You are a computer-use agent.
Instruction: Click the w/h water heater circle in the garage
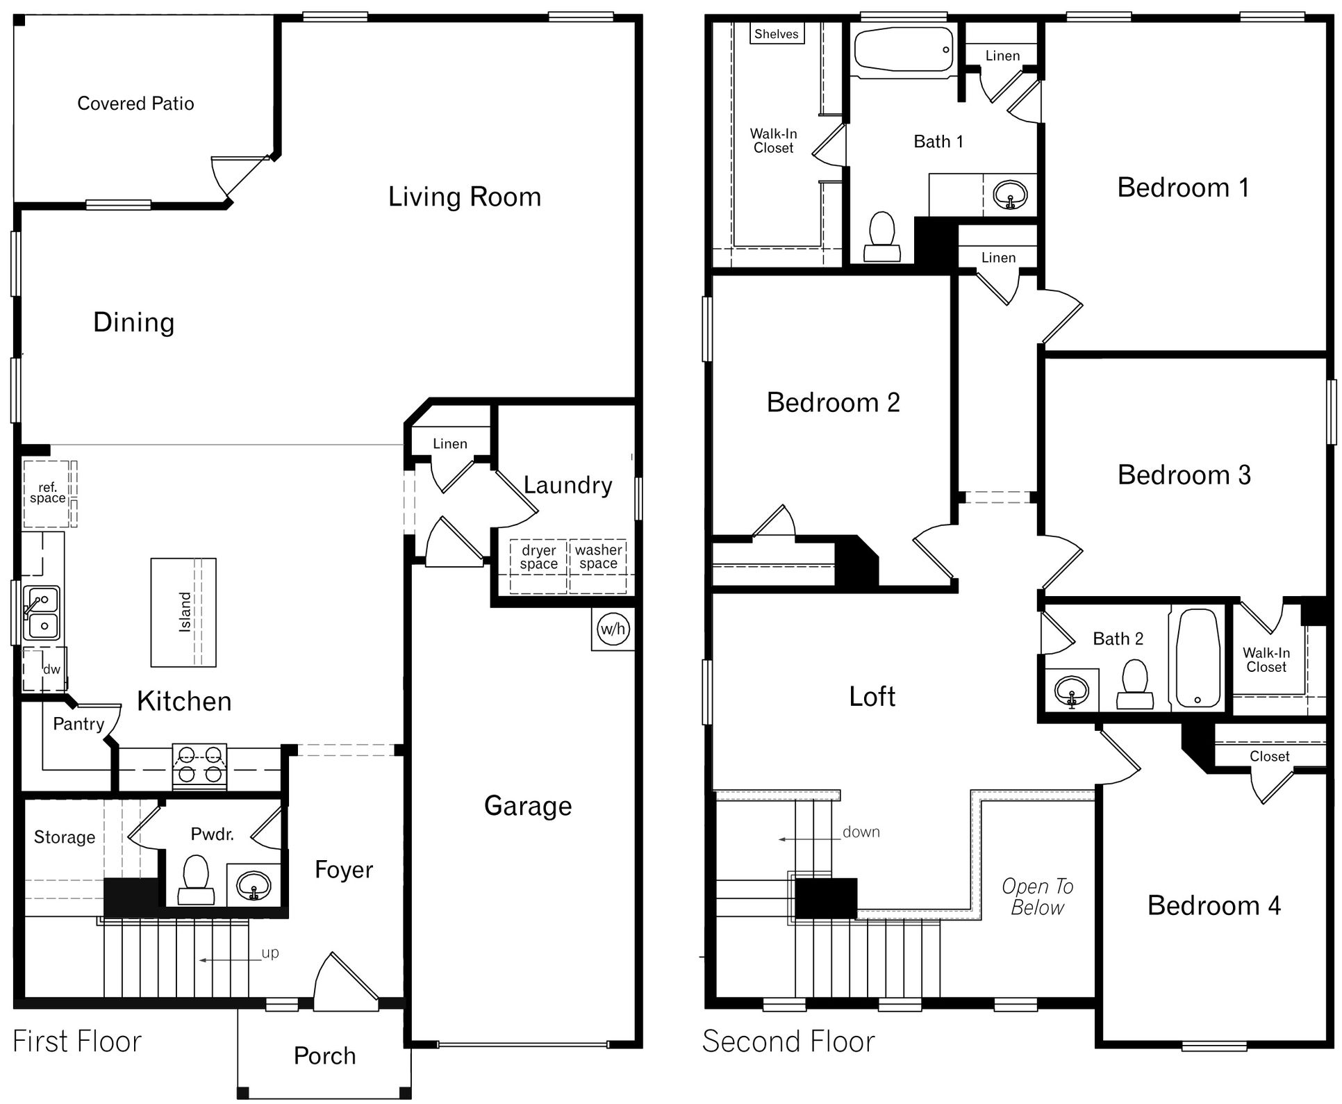613,629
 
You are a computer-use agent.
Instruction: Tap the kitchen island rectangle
183,612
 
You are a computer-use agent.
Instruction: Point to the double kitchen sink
41,612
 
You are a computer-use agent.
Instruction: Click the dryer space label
538,557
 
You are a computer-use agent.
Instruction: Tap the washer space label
598,557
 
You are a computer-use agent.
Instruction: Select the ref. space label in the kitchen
47,493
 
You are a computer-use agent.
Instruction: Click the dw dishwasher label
51,670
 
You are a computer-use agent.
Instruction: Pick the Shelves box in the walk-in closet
777,34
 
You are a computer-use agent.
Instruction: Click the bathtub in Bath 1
903,50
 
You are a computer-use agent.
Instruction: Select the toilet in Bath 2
1135,684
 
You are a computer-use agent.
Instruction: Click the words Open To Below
1037,896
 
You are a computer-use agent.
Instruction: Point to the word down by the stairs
861,832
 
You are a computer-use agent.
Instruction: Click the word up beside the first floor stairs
270,953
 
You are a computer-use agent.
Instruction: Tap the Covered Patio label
135,104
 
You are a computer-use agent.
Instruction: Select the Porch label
324,1055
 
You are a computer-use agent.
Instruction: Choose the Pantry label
78,724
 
